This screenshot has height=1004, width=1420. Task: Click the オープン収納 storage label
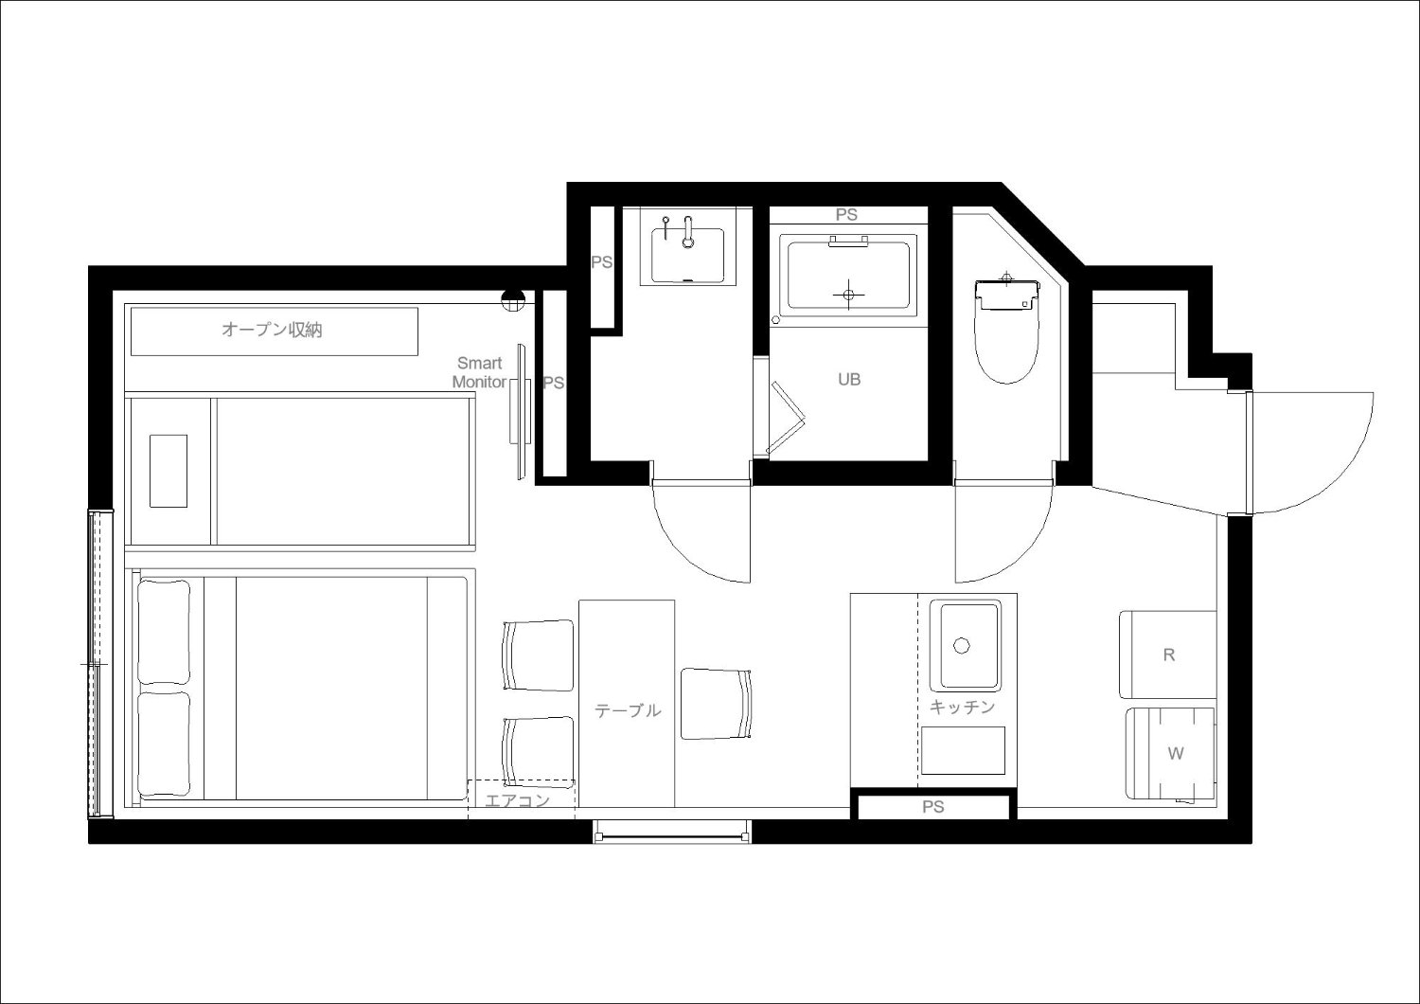tap(272, 330)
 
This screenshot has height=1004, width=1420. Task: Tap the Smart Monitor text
tap(479, 372)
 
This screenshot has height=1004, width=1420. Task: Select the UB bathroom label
tap(849, 379)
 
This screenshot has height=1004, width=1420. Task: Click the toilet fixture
tap(1006, 329)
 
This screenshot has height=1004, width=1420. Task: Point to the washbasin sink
tap(688, 255)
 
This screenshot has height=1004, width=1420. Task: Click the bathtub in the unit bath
tap(848, 276)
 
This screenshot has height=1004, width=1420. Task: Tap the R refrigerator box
tap(1167, 654)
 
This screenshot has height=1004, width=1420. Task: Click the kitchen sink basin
tap(966, 646)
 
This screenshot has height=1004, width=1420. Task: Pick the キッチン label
tap(962, 707)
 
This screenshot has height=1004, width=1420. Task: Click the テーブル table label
tap(628, 711)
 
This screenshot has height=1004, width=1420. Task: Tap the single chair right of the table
tap(717, 704)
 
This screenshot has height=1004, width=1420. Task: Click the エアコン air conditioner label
tap(517, 800)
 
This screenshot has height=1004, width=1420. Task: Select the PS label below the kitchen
tap(933, 807)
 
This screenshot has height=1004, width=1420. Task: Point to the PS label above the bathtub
tap(846, 215)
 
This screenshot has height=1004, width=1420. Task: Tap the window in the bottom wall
tap(672, 832)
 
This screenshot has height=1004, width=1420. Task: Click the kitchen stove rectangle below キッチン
tap(963, 751)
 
